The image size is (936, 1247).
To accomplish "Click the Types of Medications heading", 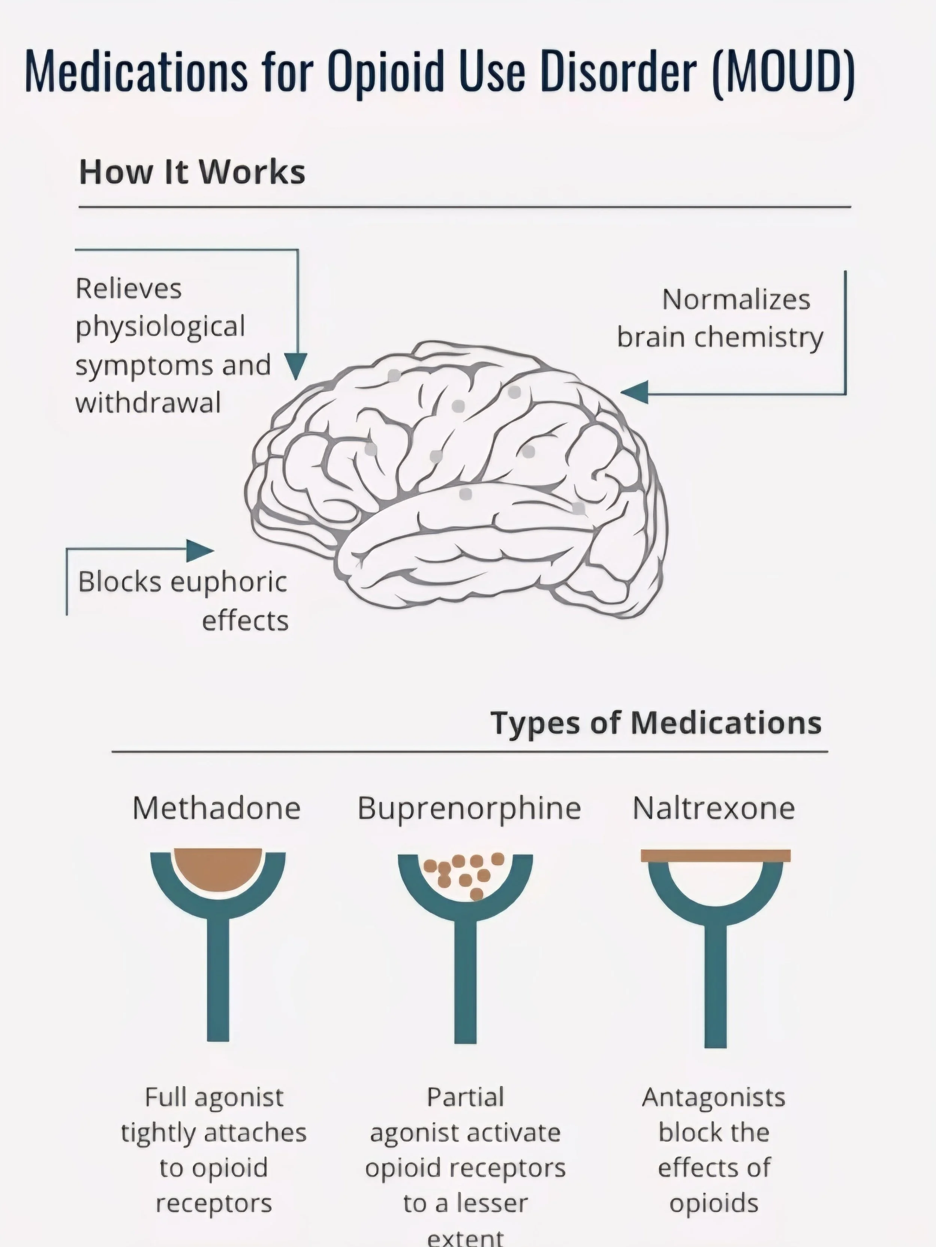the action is point(656,723).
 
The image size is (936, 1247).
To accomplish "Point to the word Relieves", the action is point(128,289).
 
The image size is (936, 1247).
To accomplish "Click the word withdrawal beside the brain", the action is point(148,403).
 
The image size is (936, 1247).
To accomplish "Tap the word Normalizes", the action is point(736,299).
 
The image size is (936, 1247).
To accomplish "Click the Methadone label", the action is point(216,808).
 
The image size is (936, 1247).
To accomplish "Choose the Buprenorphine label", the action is point(469,808).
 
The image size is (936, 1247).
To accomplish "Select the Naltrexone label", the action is point(713,808).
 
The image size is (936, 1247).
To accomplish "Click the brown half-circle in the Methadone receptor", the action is point(218,868).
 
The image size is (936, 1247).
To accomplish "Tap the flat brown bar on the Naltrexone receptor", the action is point(715,856).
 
